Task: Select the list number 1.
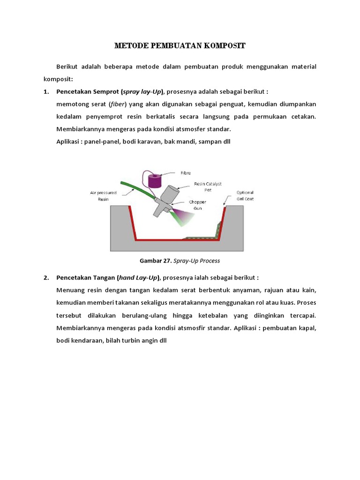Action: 46,91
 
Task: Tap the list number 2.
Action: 46,277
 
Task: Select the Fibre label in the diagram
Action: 186,173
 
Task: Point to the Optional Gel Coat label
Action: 245,195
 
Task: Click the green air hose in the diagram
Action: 136,191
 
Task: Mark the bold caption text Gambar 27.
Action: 155,261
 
